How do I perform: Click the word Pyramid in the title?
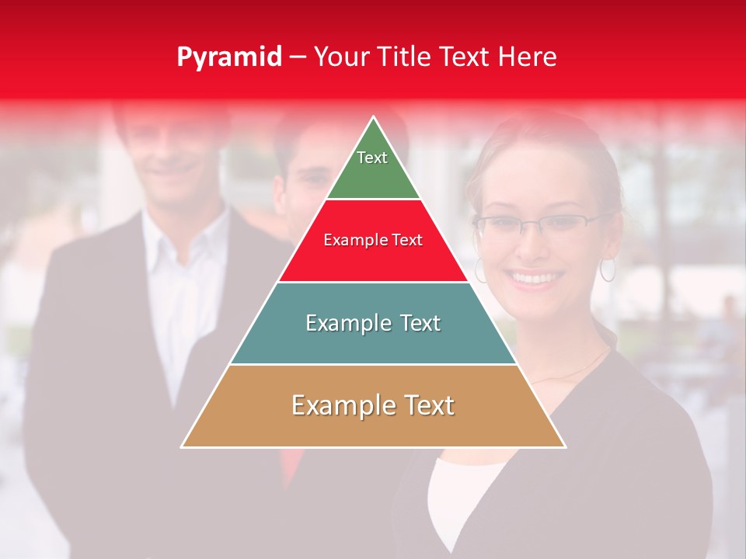click(228, 57)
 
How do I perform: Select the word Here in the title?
click(528, 57)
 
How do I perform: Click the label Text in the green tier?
click(371, 158)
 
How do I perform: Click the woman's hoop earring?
click(607, 270)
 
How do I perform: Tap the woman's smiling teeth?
click(535, 277)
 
